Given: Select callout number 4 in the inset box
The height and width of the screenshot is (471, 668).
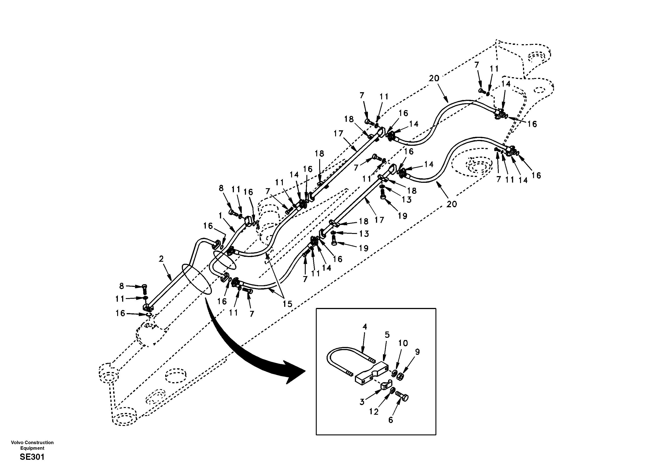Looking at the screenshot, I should click(x=365, y=327).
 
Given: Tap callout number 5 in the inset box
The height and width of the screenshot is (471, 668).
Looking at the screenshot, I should click(x=387, y=335).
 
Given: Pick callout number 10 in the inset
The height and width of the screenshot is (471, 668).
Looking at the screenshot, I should click(x=403, y=343).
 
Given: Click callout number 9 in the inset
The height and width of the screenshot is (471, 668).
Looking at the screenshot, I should click(x=417, y=352).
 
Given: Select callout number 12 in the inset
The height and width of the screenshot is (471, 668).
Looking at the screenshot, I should click(x=374, y=412).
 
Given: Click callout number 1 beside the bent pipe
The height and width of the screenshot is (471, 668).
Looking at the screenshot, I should click(x=220, y=216).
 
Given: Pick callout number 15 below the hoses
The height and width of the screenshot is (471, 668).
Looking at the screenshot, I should click(x=287, y=304).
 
